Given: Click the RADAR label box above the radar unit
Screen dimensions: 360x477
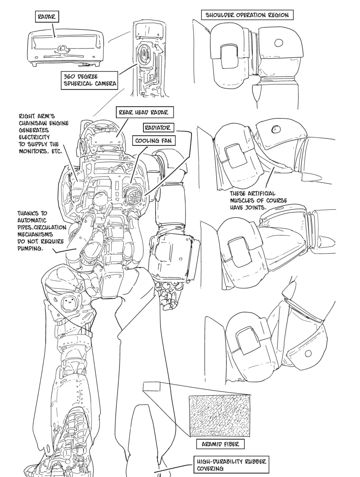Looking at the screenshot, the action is [47, 17].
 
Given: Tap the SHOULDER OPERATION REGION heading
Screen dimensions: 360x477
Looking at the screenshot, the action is [247, 15].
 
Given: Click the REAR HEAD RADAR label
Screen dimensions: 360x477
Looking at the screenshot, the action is [145, 112].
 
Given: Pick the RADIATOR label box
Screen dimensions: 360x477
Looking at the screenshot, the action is [159, 128].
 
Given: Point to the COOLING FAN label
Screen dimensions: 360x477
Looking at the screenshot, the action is [154, 141].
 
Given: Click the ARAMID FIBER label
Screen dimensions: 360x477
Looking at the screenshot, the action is [220, 444].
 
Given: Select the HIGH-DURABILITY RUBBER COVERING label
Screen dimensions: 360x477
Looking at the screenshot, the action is [231, 465].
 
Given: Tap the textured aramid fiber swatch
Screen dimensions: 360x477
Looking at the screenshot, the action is [220, 416].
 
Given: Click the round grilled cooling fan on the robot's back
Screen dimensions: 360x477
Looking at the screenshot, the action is [135, 196].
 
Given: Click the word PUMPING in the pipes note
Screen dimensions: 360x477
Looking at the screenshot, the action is [30, 248].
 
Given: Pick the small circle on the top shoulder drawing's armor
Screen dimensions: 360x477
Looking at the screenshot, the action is [279, 43].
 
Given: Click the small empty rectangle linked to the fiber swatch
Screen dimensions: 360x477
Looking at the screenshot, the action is [152, 387].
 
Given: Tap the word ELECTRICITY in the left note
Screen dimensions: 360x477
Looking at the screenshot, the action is [34, 137].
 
